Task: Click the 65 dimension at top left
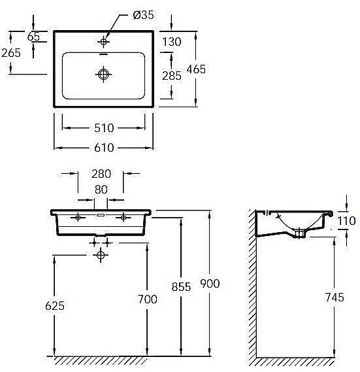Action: point(33,37)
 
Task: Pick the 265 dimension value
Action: point(11,53)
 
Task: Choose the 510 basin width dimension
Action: point(103,127)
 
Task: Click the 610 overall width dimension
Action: point(103,148)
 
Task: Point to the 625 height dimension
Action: point(37,305)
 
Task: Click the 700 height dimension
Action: point(148,299)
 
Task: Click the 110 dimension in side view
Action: point(347,221)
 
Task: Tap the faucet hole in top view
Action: point(103,42)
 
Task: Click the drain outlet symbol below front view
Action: point(101,254)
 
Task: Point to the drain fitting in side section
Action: point(300,233)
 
